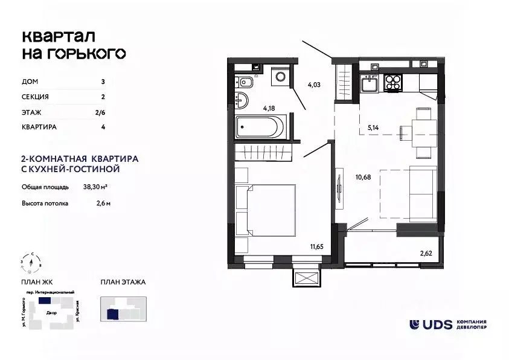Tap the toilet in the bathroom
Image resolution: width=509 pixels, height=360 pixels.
point(246,82)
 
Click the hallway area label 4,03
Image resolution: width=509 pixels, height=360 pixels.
point(313,85)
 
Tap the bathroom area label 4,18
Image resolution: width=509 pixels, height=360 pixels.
point(270,109)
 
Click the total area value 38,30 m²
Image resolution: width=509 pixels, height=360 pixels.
point(95,187)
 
